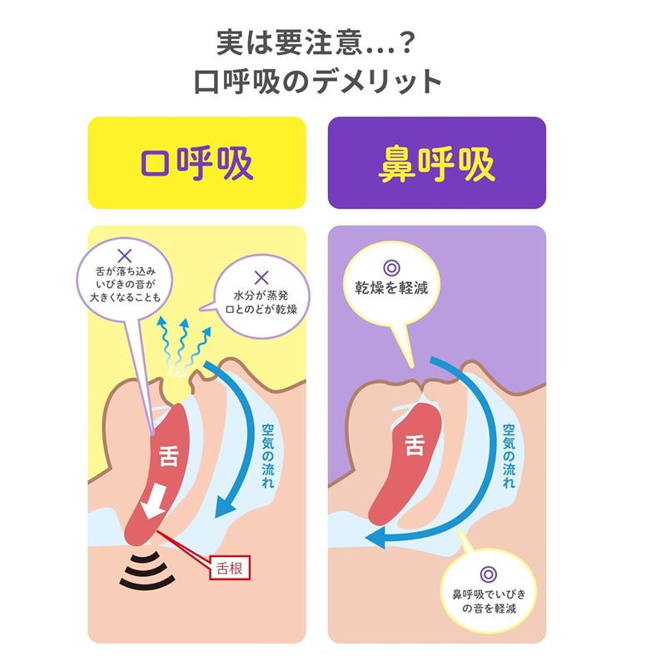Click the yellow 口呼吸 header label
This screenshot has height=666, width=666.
click(x=196, y=164)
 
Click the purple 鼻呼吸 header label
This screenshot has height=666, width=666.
click(x=436, y=164)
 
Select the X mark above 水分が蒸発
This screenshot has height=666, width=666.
click(x=261, y=277)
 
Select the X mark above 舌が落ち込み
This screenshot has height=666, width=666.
click(x=125, y=256)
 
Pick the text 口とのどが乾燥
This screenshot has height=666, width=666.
click(x=261, y=310)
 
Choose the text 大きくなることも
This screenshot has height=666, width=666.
click(x=125, y=296)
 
